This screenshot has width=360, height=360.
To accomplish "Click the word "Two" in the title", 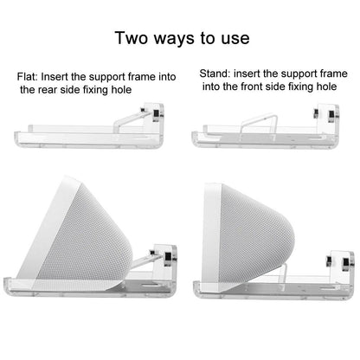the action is (132, 38).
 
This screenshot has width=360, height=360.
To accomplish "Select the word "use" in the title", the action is (235, 39).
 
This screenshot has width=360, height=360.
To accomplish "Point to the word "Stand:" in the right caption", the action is (215, 74).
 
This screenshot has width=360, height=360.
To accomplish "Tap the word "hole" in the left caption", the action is (120, 90).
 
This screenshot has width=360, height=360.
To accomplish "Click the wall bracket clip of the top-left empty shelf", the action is (153, 114).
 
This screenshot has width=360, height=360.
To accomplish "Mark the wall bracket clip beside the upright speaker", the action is (341, 261).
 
